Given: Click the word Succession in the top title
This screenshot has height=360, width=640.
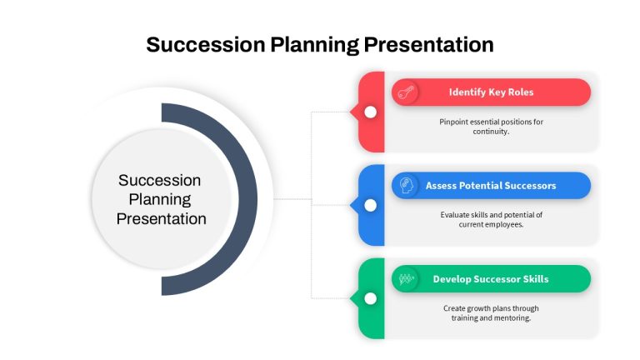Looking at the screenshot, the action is (206, 44).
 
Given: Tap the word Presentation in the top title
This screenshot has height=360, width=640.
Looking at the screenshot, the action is (428, 44).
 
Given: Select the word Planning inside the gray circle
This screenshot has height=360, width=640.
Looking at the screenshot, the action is (160, 200).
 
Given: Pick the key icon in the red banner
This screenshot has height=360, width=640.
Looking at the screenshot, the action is (405, 92).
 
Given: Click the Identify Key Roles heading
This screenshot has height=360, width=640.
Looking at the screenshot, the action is (491, 92).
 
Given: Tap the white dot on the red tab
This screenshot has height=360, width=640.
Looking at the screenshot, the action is (370, 112).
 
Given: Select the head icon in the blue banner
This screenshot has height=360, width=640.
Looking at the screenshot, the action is (406, 185).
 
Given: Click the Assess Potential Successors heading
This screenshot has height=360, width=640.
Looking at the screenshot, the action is (491, 186).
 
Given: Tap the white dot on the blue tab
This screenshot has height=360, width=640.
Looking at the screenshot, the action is (370, 205).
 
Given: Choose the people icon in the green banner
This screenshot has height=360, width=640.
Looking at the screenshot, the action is (406, 279).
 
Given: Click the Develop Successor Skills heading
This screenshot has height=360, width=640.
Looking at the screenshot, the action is (491, 279).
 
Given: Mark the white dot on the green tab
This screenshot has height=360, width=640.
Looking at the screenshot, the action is (370, 299).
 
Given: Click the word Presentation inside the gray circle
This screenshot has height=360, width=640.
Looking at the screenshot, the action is (161, 219).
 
